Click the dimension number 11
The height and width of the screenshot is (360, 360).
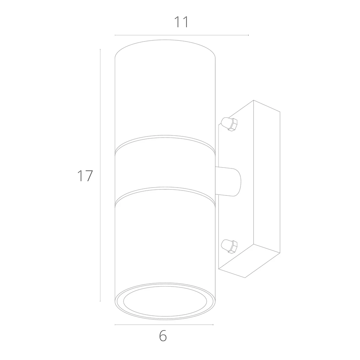(x=181, y=22)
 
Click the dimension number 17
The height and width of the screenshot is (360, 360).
(x=85, y=176)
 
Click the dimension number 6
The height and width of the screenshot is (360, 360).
(x=163, y=336)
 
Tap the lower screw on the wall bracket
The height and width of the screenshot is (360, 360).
(x=229, y=246)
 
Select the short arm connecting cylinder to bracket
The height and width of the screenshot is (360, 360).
(x=228, y=182)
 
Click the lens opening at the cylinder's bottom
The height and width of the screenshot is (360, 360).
(x=165, y=301)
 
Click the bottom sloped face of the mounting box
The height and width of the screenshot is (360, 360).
(x=249, y=261)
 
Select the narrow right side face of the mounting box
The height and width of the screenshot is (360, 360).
(x=267, y=178)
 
